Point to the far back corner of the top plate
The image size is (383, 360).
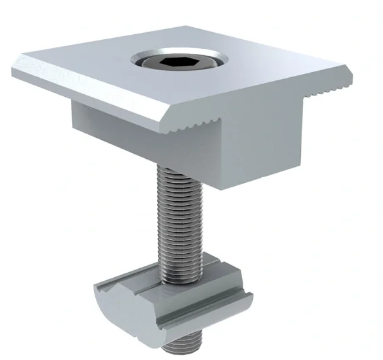(190, 27)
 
